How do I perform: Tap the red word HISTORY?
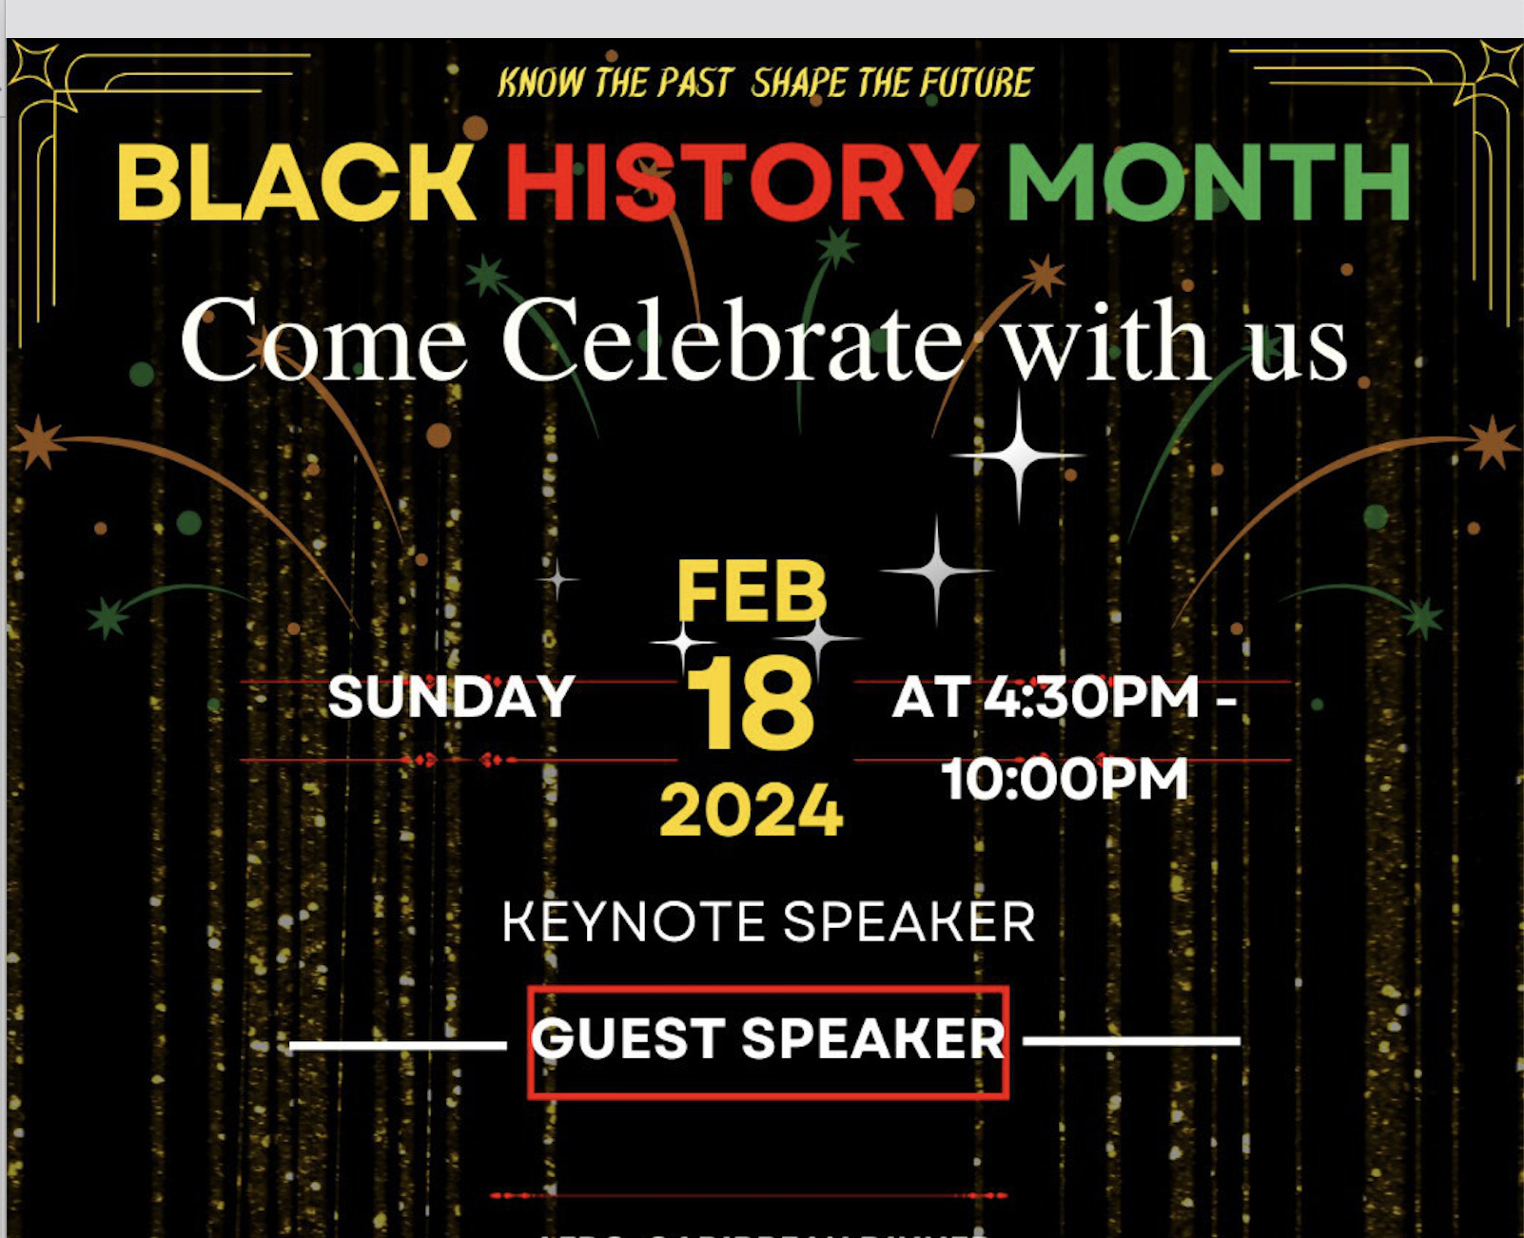[x=742, y=183]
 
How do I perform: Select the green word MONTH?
[x=1208, y=183]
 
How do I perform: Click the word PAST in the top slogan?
[x=694, y=84]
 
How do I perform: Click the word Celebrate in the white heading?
[x=733, y=340]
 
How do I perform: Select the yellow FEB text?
[x=752, y=591]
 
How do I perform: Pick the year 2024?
[x=752, y=811]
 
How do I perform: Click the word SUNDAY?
[x=451, y=697]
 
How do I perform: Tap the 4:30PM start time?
[x=1091, y=697]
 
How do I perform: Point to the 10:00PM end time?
[x=1065, y=780]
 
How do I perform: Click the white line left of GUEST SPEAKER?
[x=398, y=1046]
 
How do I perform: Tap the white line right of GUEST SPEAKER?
[x=1131, y=1041]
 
